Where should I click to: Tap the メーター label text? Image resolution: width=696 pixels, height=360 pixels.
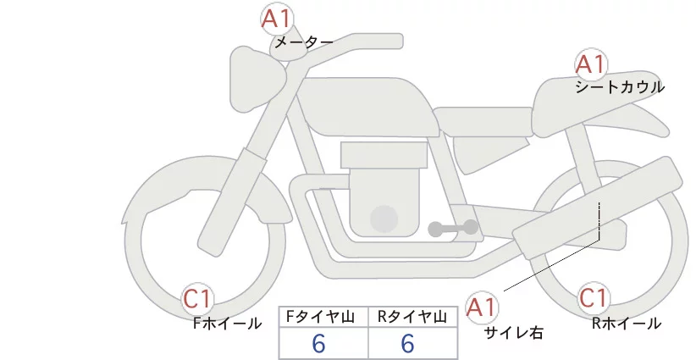[x=302, y=41]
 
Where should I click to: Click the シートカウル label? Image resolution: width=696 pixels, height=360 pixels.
[x=619, y=87]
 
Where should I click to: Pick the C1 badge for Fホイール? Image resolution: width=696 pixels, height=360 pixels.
[x=200, y=299]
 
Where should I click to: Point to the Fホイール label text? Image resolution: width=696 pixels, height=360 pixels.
[x=227, y=323]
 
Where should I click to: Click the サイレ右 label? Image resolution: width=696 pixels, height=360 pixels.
[x=513, y=333]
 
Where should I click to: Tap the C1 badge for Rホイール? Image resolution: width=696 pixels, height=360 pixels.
[x=594, y=299]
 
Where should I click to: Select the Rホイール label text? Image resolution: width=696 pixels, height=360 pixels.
[x=626, y=323]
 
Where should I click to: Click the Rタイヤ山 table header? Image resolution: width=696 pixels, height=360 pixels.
[x=411, y=316]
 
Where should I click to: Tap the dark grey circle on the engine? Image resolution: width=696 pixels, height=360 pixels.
[x=384, y=218]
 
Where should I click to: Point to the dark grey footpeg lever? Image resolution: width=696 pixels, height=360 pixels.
[x=452, y=228]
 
